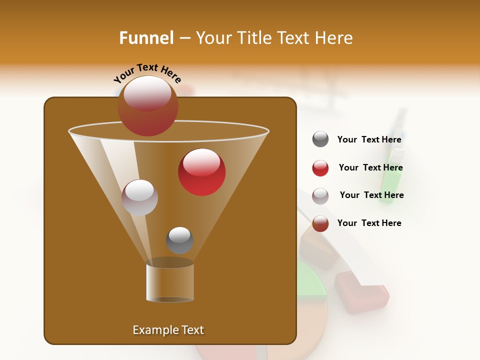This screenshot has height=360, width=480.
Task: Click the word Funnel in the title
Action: pyautogui.click(x=146, y=38)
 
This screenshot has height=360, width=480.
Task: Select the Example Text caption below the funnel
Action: pyautogui.click(x=168, y=330)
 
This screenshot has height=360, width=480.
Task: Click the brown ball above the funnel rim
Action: pyautogui.click(x=147, y=106)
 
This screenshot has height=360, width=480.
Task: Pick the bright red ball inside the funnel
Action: pyautogui.click(x=201, y=172)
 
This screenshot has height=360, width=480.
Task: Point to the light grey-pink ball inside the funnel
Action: pyautogui.click(x=139, y=197)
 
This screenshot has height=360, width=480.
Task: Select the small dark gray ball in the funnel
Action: pyautogui.click(x=179, y=240)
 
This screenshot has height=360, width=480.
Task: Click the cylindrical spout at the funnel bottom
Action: pyautogui.click(x=170, y=282)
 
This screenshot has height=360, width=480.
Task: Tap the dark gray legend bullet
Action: pyautogui.click(x=320, y=139)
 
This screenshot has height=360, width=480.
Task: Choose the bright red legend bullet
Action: pyautogui.click(x=320, y=168)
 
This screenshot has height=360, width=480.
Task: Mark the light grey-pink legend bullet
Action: pyautogui.click(x=320, y=196)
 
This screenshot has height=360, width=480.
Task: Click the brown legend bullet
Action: pyautogui.click(x=320, y=223)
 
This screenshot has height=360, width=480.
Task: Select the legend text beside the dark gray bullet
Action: pyautogui.click(x=369, y=140)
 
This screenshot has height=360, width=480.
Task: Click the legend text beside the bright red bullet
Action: pyautogui.click(x=370, y=168)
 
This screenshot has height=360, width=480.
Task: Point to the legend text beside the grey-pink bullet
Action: pyautogui.click(x=371, y=195)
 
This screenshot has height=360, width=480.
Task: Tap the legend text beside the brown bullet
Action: pyautogui.click(x=369, y=223)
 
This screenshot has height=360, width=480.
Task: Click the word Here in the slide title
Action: pyautogui.click(x=334, y=38)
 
